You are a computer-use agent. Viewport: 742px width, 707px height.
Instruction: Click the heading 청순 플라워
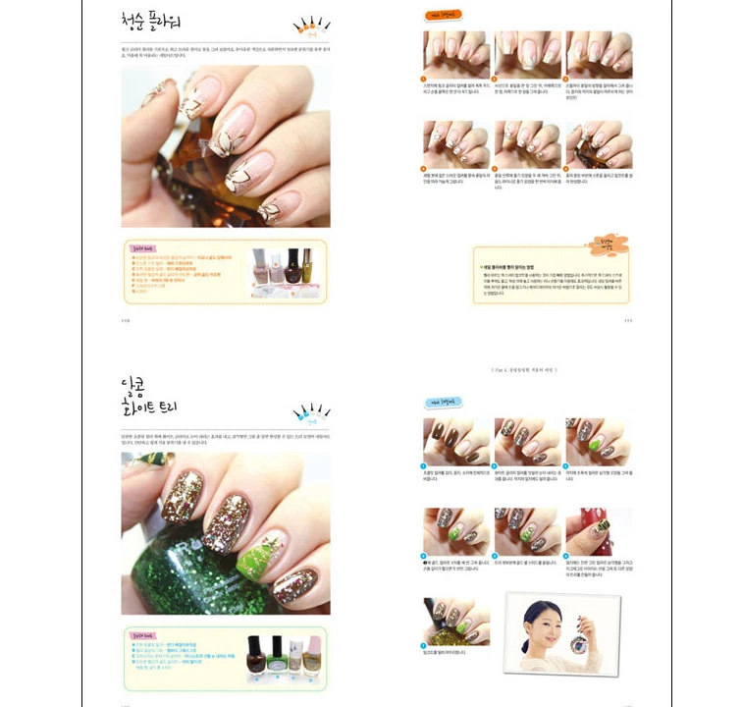point(156,22)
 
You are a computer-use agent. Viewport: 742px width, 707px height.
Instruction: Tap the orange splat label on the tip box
point(603,242)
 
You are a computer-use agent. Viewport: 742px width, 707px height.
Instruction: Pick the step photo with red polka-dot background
point(598,531)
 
